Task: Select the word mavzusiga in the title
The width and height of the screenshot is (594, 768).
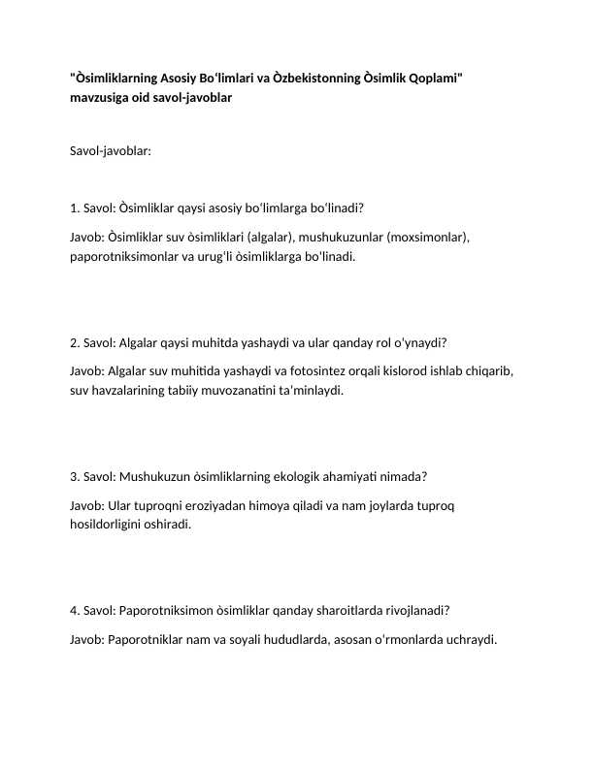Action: click(x=102, y=98)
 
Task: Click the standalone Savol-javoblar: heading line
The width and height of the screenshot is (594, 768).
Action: click(x=111, y=151)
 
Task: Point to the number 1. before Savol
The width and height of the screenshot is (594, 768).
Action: click(x=76, y=208)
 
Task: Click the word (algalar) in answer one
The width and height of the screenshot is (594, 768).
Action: click(x=272, y=237)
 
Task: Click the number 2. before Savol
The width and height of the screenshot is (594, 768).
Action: click(x=76, y=342)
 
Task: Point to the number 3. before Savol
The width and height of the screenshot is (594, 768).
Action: click(x=76, y=477)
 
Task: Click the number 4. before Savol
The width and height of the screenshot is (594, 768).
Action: click(x=76, y=611)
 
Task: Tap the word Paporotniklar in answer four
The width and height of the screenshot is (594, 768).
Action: click(x=150, y=640)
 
